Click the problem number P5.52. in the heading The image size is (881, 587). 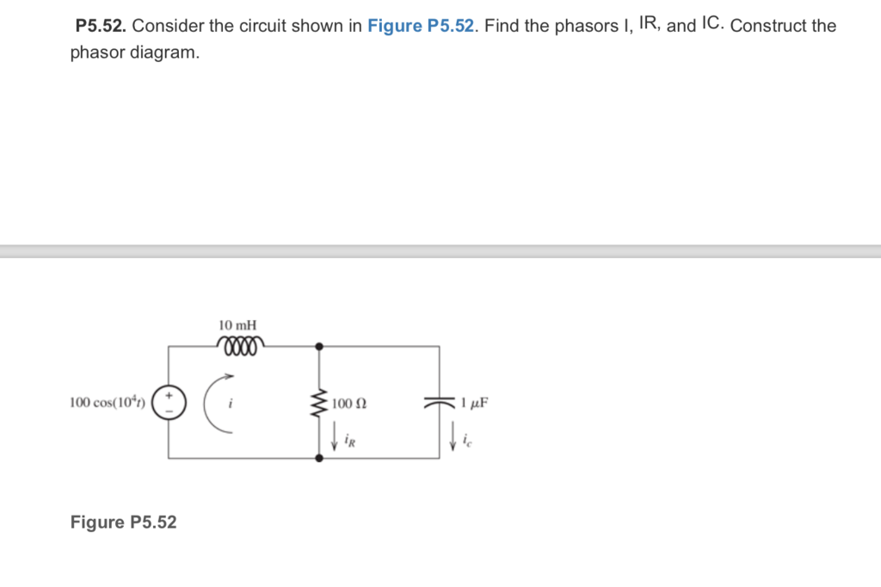pyautogui.click(x=101, y=26)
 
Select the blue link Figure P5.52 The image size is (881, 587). pyautogui.click(x=422, y=26)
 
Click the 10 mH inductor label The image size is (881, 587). pyautogui.click(x=237, y=325)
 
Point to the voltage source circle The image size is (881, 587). pyautogui.click(x=168, y=402)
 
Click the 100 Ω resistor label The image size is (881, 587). pyautogui.click(x=349, y=403)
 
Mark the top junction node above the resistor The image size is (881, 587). pyautogui.click(x=319, y=346)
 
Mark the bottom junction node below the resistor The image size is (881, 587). pyautogui.click(x=319, y=459)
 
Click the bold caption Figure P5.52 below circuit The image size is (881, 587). pyautogui.click(x=123, y=522)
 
